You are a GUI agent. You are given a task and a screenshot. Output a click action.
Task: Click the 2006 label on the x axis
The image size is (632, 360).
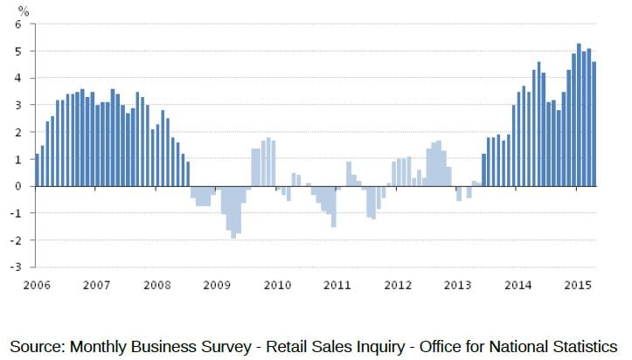click(36, 286)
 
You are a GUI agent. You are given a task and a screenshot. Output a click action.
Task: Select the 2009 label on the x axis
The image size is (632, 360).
click(217, 286)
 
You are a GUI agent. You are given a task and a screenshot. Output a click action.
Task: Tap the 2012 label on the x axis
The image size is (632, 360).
click(398, 286)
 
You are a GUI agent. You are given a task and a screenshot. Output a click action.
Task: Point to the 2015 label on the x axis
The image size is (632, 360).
click(579, 286)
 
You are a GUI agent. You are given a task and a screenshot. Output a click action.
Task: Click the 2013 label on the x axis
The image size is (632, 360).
click(458, 286)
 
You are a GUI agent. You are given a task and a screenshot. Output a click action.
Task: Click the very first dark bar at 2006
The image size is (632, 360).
click(37, 170)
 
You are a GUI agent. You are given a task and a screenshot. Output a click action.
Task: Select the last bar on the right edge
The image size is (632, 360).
click(594, 123)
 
